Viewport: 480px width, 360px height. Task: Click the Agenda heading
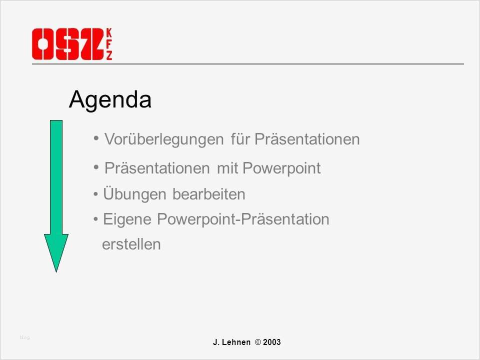tap(110, 100)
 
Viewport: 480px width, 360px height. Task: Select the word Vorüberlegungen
tap(164, 139)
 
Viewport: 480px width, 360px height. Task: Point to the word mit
tap(226, 168)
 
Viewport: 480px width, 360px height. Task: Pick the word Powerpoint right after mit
tap(281, 168)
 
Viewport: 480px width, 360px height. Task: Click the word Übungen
tap(134, 194)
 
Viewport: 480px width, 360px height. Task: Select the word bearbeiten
tap(209, 194)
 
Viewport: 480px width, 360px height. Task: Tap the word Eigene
tap(127, 219)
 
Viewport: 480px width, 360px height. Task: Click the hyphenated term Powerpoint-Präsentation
tap(243, 219)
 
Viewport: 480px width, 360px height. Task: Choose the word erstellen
tap(131, 244)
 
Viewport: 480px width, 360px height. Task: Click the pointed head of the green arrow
tap(56, 271)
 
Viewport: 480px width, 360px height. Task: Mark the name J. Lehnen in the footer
tap(231, 342)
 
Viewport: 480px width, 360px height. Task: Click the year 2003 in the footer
tap(272, 342)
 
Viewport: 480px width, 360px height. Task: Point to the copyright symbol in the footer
tap(258, 342)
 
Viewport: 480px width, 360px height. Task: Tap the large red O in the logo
tap(43, 44)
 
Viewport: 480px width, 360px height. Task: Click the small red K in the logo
tap(109, 33)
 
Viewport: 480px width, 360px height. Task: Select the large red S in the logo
tap(67, 44)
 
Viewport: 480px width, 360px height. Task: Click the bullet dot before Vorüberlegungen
tap(96, 138)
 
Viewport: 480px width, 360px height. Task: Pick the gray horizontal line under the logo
tap(248, 64)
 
